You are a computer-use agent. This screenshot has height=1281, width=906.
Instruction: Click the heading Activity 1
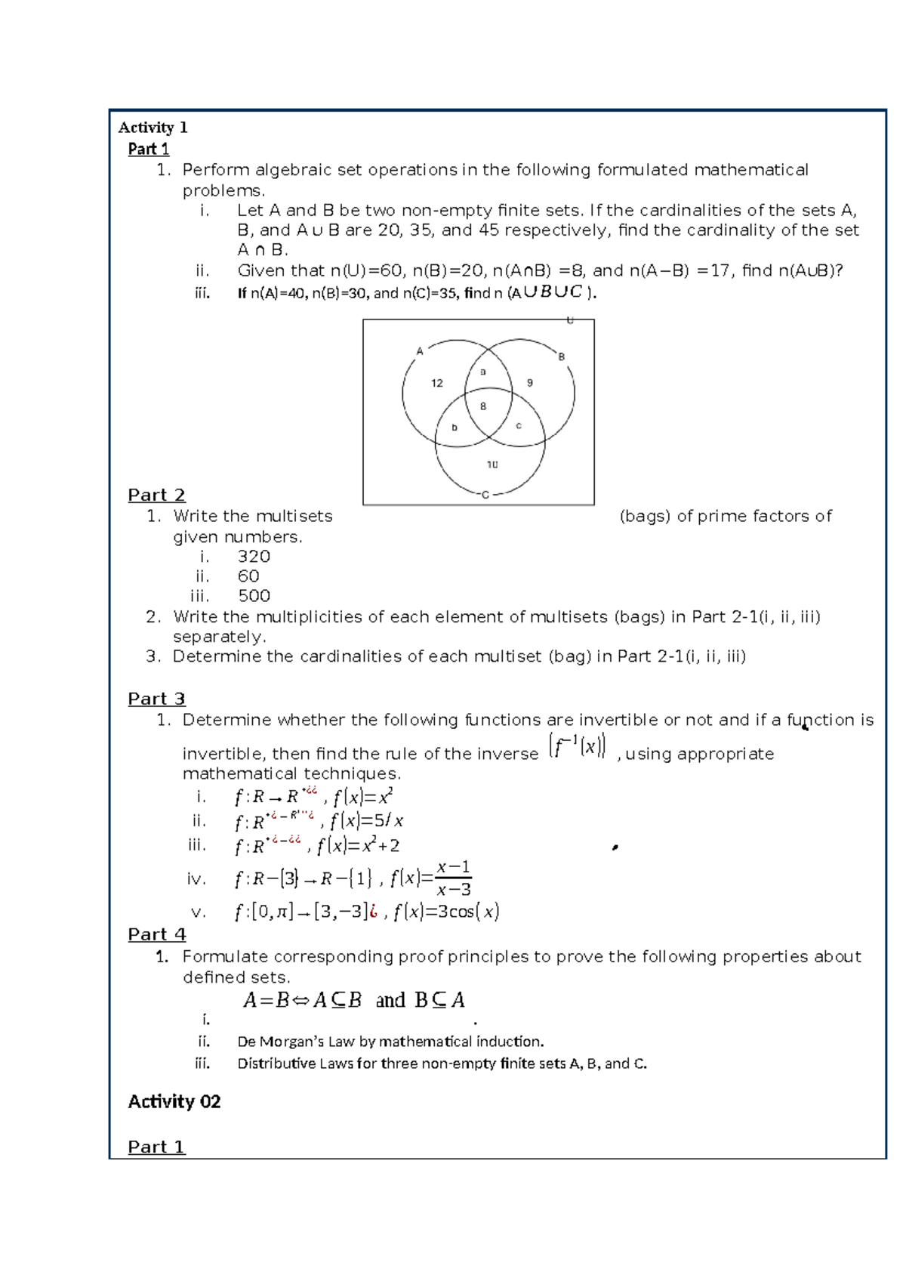coord(153,127)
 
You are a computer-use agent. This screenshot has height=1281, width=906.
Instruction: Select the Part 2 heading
coord(156,495)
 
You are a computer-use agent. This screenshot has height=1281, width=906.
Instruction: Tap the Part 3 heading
coord(156,699)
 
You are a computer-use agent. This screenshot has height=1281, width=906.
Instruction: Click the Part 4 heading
coord(156,934)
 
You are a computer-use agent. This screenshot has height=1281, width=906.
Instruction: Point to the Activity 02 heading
coord(174,1101)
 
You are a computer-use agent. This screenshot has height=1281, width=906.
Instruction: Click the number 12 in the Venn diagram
coord(437,383)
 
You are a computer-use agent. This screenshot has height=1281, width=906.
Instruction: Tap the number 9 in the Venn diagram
coord(530,383)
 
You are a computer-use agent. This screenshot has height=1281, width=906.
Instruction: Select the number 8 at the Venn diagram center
coord(483,406)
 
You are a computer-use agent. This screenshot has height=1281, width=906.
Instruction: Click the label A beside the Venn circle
coord(420,351)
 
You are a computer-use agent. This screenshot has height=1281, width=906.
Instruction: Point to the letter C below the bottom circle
coord(485,495)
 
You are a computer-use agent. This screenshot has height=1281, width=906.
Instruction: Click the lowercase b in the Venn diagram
coord(455,428)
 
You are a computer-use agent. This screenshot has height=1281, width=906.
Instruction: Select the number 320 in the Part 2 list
coord(254,557)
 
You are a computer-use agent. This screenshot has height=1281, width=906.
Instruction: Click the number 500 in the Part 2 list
coord(254,596)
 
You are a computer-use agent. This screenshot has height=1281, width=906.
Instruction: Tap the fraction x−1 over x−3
coord(454,878)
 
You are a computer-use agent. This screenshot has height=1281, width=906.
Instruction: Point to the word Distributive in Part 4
coord(276,1063)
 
